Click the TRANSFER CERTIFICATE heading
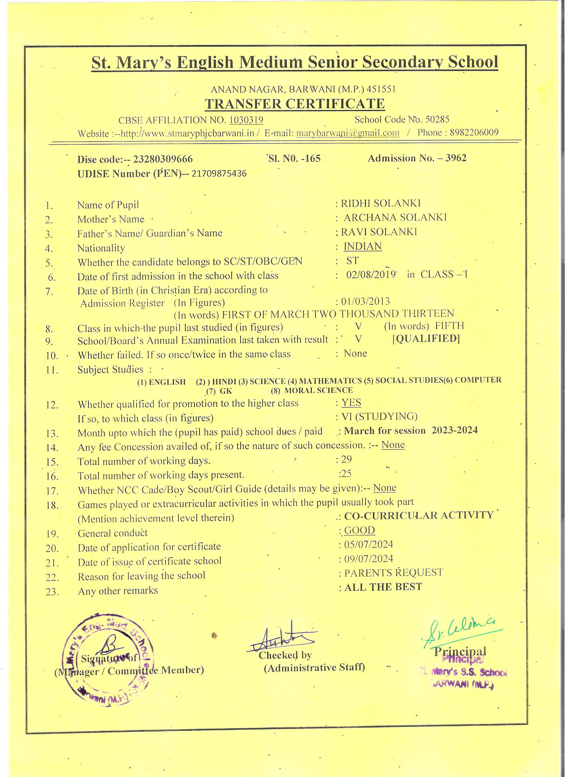pyautogui.click(x=294, y=104)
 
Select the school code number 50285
pyautogui.click(x=437, y=120)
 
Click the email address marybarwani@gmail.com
pyautogui.click(x=347, y=133)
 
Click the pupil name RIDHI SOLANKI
pyautogui.click(x=380, y=203)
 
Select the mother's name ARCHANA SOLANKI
pyautogui.click(x=395, y=218)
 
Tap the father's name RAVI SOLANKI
pyautogui.click(x=379, y=232)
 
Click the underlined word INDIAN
pyautogui.click(x=363, y=246)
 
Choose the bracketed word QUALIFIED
pyautogui.click(x=426, y=338)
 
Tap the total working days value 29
pyautogui.click(x=346, y=459)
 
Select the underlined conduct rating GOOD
pyautogui.click(x=359, y=530)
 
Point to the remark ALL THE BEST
pyautogui.click(x=383, y=587)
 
